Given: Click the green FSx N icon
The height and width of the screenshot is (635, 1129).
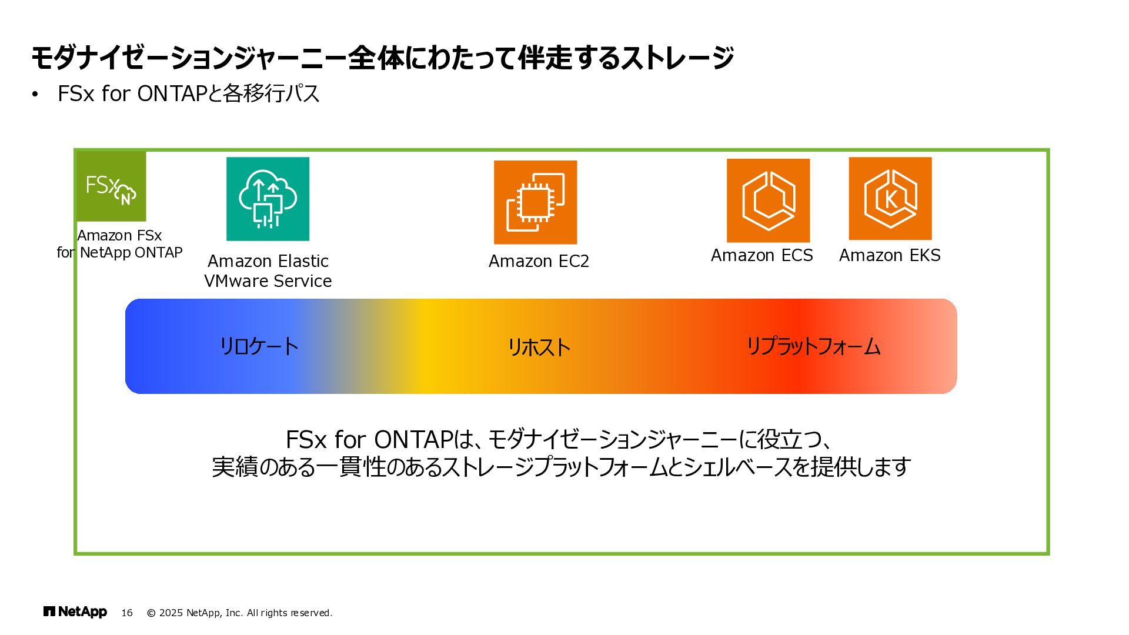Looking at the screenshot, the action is tap(111, 186).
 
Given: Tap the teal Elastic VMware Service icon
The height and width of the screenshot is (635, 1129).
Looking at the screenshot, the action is tap(268, 199).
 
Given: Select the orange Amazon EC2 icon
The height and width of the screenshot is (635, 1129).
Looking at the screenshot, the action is tap(535, 202).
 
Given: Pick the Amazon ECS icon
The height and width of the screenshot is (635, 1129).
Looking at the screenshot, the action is tap(768, 200).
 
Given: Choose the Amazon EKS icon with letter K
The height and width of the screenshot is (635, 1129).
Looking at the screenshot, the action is tap(890, 198).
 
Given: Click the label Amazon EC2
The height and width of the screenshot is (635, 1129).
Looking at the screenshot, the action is tap(539, 261).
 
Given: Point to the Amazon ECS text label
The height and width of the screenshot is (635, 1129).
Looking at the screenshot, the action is tap(761, 255).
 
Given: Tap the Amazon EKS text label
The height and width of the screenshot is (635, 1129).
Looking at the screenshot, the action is tap(890, 255).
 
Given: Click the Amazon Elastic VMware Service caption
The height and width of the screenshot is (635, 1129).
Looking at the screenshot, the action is tap(268, 271).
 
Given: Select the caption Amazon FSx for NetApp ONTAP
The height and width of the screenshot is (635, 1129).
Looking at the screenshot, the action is tap(119, 244).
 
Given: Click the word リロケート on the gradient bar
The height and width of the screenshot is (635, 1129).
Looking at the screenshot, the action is tap(259, 346).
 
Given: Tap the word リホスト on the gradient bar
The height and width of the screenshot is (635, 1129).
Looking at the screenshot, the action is tap(539, 347).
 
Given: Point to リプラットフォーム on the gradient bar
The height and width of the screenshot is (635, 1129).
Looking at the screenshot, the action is tap(813, 346).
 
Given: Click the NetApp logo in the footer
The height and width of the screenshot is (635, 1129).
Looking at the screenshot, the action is tap(75, 612).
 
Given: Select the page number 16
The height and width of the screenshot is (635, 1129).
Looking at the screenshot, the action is tap(127, 613).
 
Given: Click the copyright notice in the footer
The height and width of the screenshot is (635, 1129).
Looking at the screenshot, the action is tap(239, 613).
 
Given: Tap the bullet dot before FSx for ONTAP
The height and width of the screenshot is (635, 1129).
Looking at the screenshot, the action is tap(35, 94).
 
